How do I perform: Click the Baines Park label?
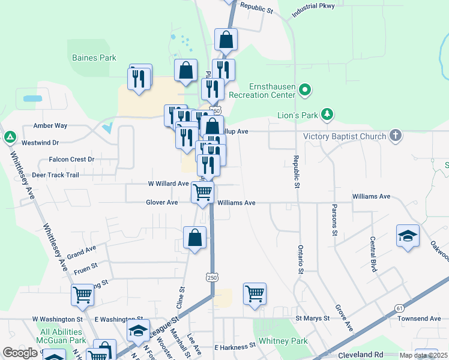94,58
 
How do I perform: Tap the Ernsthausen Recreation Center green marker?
305,91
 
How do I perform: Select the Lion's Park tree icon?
327,113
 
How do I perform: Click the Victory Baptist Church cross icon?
395,136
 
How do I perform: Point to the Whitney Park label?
283,341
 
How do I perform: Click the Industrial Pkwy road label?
321,9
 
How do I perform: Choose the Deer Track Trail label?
55,175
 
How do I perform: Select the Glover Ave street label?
162,203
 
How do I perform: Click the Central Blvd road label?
373,254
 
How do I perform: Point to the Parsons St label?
334,220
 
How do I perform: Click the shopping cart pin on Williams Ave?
203,192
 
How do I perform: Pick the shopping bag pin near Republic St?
226,40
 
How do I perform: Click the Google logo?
20,353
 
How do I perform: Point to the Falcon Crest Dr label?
71,160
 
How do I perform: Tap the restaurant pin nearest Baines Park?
139,78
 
